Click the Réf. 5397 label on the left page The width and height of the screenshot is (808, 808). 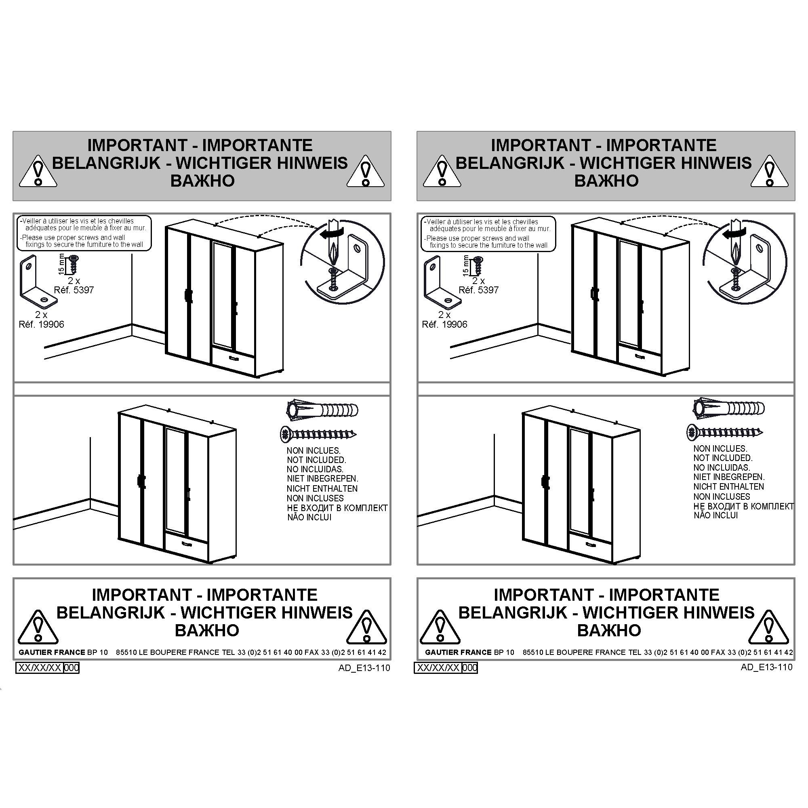point(74,290)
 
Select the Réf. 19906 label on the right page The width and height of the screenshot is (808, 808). point(444,324)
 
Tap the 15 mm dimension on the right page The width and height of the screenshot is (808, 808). point(466,265)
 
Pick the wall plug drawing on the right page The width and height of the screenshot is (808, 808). point(728,408)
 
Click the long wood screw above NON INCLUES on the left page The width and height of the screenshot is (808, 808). point(318,435)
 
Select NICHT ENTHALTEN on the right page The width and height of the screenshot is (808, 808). point(728,487)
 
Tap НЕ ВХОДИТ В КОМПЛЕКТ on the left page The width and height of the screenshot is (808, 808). point(337,508)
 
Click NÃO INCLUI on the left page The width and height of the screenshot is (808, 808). point(309,518)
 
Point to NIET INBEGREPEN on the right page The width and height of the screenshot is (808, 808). point(729,477)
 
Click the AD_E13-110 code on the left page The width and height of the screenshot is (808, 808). point(364,668)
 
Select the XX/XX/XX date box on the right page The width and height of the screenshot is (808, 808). point(438,668)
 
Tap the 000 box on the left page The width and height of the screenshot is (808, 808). point(71,668)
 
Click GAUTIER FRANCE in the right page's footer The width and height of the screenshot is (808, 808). point(458,652)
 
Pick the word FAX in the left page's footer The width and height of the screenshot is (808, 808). point(311,652)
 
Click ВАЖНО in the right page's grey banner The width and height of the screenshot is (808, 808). point(606,181)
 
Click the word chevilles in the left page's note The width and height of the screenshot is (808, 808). point(121,221)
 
